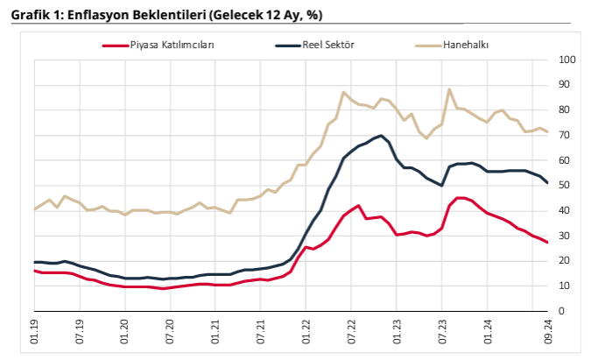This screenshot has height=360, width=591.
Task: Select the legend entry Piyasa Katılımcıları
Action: click(x=172, y=45)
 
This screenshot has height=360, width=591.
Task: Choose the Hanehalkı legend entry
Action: click(x=472, y=45)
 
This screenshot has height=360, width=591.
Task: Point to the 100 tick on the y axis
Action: click(x=567, y=60)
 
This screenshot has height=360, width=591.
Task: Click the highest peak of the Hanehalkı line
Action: click(x=449, y=89)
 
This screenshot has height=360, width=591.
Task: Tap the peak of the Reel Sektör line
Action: click(x=380, y=136)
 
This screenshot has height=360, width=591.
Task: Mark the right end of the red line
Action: click(x=547, y=243)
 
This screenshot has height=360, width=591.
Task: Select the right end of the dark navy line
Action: click(x=547, y=183)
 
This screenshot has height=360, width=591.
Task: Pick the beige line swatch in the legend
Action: click(x=427, y=45)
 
